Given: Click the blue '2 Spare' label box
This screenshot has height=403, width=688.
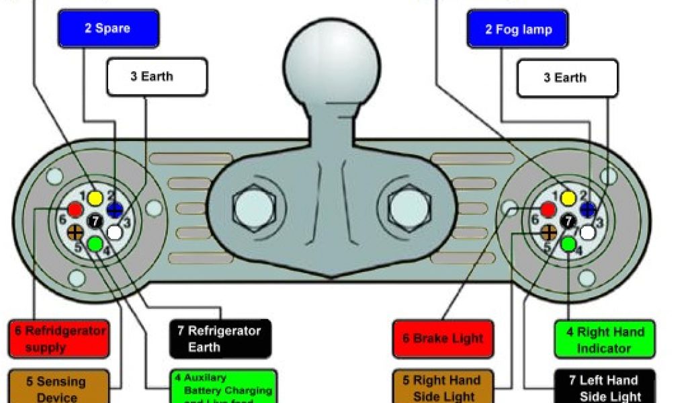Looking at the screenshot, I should [x=108, y=29].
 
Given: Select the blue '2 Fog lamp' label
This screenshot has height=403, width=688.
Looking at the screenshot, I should [x=517, y=30].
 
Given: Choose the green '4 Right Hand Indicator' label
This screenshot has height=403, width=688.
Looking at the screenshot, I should [x=604, y=339].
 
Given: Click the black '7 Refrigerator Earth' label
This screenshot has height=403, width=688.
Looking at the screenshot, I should [x=220, y=339].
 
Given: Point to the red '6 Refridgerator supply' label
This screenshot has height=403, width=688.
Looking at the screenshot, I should [x=58, y=339].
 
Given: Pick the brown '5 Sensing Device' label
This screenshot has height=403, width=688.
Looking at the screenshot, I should [x=58, y=387].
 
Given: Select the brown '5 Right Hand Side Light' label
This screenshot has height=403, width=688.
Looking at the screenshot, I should [x=443, y=388].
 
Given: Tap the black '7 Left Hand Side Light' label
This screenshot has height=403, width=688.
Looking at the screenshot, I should [x=605, y=388].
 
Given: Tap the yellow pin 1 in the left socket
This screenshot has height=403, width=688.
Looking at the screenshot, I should [x=95, y=197].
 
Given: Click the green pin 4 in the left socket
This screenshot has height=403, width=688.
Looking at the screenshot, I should [x=95, y=242].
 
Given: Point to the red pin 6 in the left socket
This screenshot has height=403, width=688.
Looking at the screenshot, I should [x=76, y=210].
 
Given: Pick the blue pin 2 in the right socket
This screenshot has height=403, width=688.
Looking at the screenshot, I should [x=588, y=210].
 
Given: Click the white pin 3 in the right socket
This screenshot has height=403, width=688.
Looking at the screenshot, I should [x=588, y=232].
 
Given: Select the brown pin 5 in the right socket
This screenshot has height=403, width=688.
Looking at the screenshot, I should [x=549, y=232].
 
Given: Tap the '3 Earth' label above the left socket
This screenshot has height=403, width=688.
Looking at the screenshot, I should [x=157, y=77].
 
